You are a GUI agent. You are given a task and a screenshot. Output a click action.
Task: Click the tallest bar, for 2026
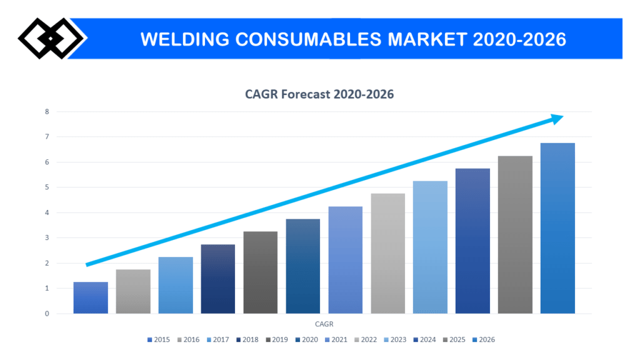click(557, 228)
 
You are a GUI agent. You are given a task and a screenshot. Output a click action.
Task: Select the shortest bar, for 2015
click(91, 297)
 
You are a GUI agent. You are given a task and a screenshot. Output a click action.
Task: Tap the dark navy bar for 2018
click(218, 279)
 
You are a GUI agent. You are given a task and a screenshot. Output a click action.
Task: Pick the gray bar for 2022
click(387, 253)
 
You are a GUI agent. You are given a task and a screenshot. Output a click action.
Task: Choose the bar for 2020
click(303, 266)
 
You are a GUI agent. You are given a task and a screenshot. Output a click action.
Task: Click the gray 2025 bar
click(515, 234)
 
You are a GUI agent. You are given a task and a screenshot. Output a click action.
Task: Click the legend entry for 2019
click(276, 339)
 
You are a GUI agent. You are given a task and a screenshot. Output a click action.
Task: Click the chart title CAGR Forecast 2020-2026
click(319, 95)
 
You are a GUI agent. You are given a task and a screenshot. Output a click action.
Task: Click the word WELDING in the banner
click(179, 39)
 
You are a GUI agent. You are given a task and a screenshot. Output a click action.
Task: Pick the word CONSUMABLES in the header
click(302, 39)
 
